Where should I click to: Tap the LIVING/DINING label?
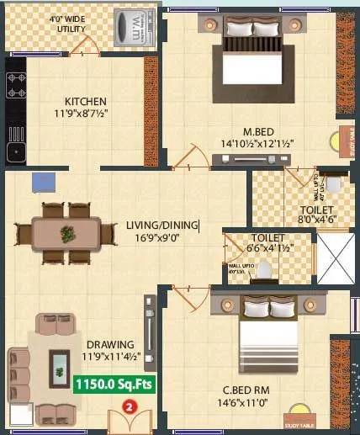coord(162,225)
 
